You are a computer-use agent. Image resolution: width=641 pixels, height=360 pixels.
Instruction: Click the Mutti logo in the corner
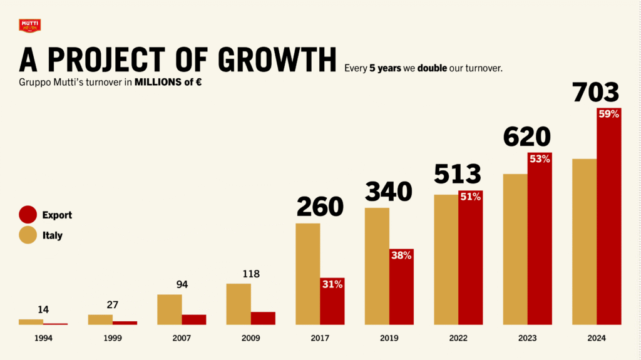30,26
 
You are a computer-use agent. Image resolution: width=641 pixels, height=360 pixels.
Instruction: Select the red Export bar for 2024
608,219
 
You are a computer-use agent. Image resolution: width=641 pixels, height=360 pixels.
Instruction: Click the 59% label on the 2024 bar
608,114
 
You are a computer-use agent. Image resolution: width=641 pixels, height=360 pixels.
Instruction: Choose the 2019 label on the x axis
389,338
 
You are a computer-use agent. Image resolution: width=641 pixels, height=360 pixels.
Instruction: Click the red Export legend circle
28,215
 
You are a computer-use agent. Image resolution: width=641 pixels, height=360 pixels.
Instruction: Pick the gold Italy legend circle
28,235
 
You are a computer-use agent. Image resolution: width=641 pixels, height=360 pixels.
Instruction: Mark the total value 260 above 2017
320,207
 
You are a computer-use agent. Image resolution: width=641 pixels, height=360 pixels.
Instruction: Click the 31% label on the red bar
332,284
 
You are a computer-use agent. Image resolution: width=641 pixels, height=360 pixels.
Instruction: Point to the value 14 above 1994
43,309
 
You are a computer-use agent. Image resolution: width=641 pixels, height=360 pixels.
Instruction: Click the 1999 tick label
113,338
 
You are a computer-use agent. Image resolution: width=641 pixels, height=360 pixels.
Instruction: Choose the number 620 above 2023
526,136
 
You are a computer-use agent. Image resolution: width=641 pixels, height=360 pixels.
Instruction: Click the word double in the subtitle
432,68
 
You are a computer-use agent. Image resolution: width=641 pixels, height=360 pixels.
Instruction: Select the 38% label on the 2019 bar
401,255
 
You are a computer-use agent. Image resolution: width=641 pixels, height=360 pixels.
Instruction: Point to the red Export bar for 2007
194,319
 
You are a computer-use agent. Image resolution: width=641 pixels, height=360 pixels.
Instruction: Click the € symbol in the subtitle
197,82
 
